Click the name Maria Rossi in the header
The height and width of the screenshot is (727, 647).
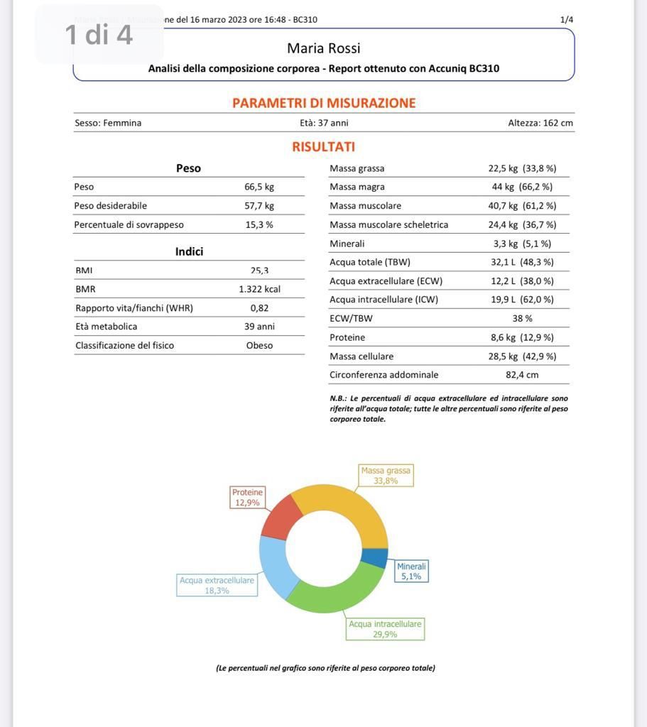(x=324, y=48)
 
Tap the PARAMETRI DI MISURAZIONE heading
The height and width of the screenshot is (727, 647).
(x=324, y=103)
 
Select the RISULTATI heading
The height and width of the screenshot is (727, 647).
(x=323, y=147)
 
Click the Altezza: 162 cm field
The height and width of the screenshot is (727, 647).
(x=540, y=123)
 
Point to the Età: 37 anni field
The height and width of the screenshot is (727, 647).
(x=324, y=123)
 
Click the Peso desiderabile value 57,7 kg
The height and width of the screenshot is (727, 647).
(x=259, y=206)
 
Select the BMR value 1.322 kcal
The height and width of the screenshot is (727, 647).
(x=259, y=290)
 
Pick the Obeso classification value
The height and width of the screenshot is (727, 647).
(x=259, y=346)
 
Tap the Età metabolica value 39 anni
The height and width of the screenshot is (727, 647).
(x=259, y=327)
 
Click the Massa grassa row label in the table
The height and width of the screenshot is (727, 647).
(x=357, y=168)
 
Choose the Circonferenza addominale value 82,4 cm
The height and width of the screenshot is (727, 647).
(x=522, y=375)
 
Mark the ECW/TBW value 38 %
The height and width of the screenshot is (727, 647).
(x=522, y=319)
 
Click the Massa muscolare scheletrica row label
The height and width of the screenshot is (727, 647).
(x=388, y=225)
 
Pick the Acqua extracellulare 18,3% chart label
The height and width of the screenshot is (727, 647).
(x=217, y=585)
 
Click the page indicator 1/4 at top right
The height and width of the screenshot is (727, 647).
(x=566, y=20)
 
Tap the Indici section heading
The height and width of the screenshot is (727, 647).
(x=189, y=252)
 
